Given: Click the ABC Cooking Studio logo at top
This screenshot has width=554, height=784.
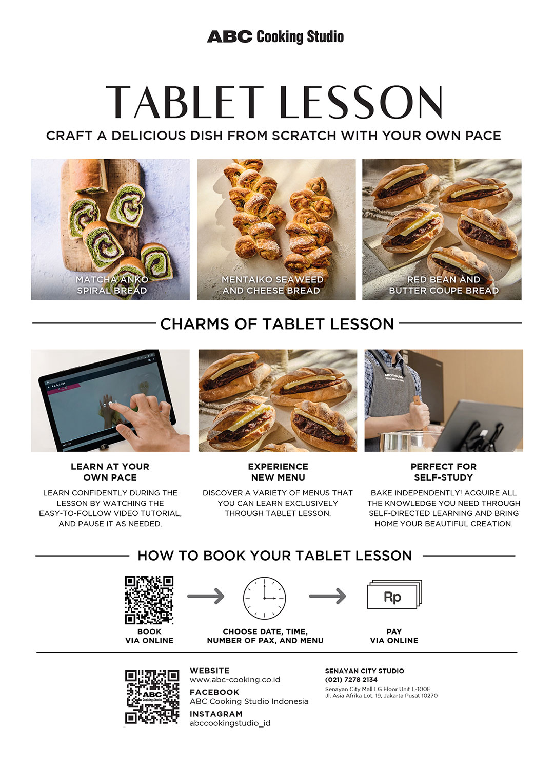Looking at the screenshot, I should coord(275,36).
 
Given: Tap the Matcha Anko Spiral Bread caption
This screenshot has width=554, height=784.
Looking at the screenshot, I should coord(112,285).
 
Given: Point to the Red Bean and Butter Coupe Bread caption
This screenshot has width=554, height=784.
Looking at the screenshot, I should coord(444,285).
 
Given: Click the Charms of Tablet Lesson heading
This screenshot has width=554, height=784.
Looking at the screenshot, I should coord(277,324).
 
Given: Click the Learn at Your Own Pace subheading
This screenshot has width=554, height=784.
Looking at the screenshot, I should coord(110,472).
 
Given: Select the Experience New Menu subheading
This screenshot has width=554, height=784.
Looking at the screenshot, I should coord(278,472).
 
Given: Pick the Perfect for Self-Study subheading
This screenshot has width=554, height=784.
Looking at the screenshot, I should coord(444,472).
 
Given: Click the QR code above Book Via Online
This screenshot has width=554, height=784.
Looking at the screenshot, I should coord(149,600).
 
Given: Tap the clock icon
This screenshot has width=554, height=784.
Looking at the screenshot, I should coord(264,598).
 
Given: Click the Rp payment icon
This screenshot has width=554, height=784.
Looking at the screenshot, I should coord(393,596).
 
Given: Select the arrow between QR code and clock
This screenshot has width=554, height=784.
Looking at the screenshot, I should coord(206,596).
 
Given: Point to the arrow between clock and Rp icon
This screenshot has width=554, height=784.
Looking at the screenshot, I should coord(327,596).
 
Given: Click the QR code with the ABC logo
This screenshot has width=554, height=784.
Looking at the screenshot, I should coord(152,697).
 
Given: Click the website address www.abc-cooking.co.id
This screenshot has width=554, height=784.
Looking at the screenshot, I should coord(235,680).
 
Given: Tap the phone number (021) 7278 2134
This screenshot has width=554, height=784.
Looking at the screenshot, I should coord(351,680).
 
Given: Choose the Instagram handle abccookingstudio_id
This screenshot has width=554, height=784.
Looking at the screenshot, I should coord(230,723).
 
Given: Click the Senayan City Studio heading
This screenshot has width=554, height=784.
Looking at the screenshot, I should coord(364,671).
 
